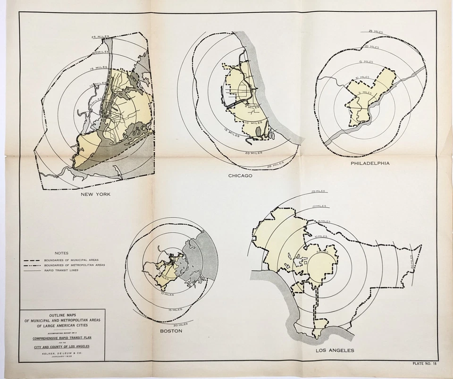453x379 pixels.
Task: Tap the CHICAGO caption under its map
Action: point(240,176)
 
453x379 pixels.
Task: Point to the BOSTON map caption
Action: point(171,331)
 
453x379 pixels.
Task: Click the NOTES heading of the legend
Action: point(62,253)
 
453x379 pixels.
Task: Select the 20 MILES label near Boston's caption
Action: point(180,324)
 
